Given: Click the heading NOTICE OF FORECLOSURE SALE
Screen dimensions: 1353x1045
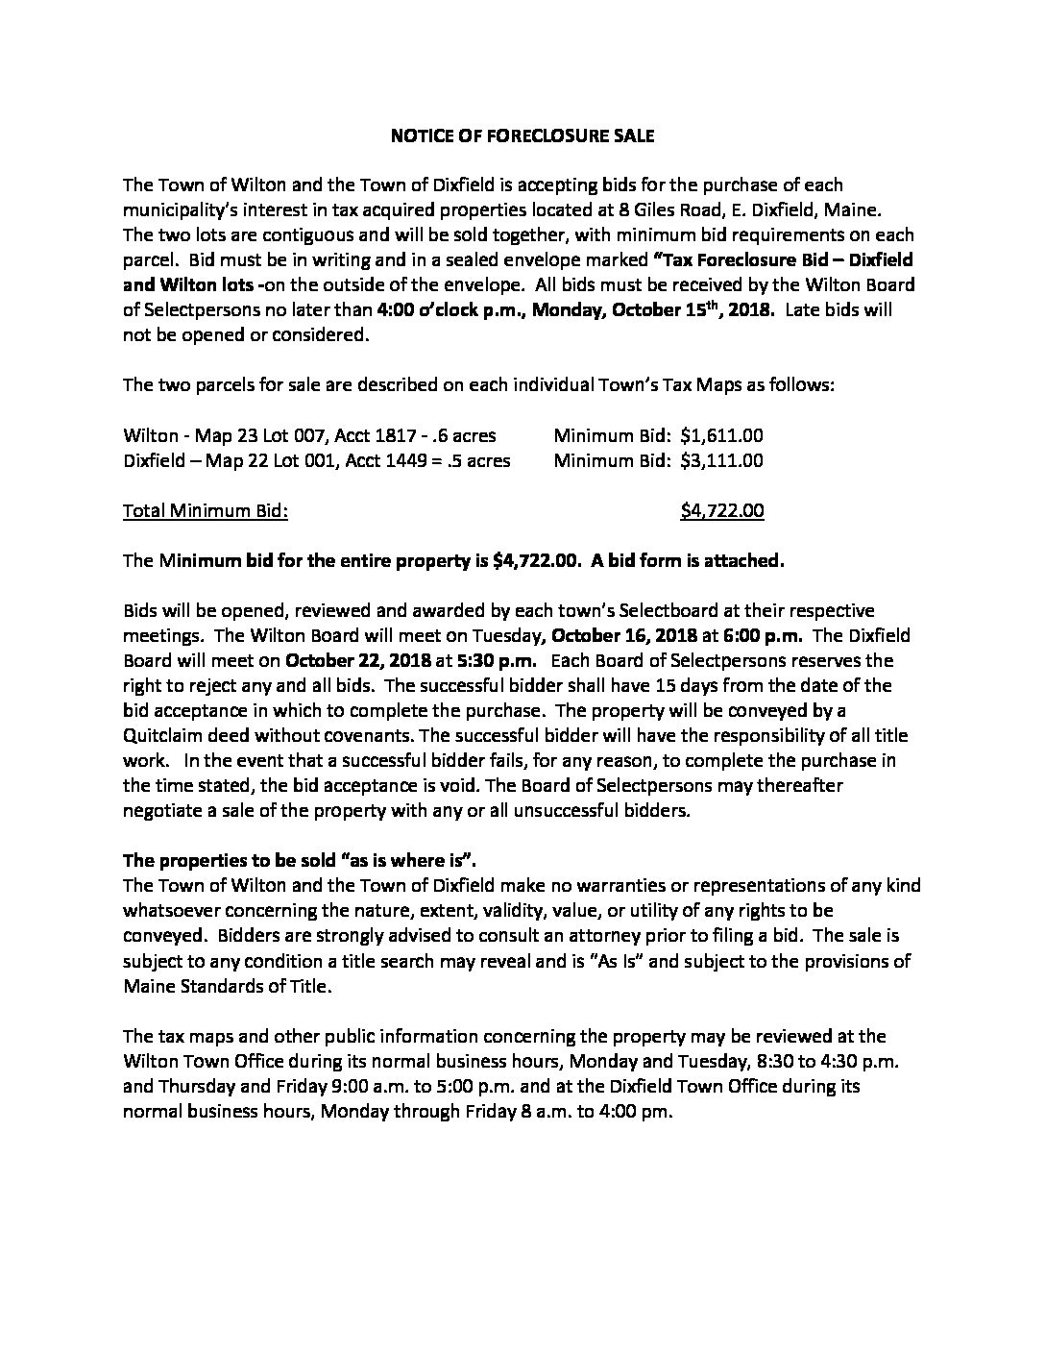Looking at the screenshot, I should pos(522,136).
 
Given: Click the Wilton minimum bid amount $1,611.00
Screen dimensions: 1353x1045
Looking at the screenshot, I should pos(721,435).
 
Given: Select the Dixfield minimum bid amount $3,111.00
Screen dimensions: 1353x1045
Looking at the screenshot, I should pos(721,460).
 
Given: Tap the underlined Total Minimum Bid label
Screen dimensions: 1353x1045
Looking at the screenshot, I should pos(206,511).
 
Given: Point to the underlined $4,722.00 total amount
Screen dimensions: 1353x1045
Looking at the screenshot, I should pos(721,511).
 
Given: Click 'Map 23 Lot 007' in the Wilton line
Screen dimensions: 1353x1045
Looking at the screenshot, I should pos(249,435).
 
